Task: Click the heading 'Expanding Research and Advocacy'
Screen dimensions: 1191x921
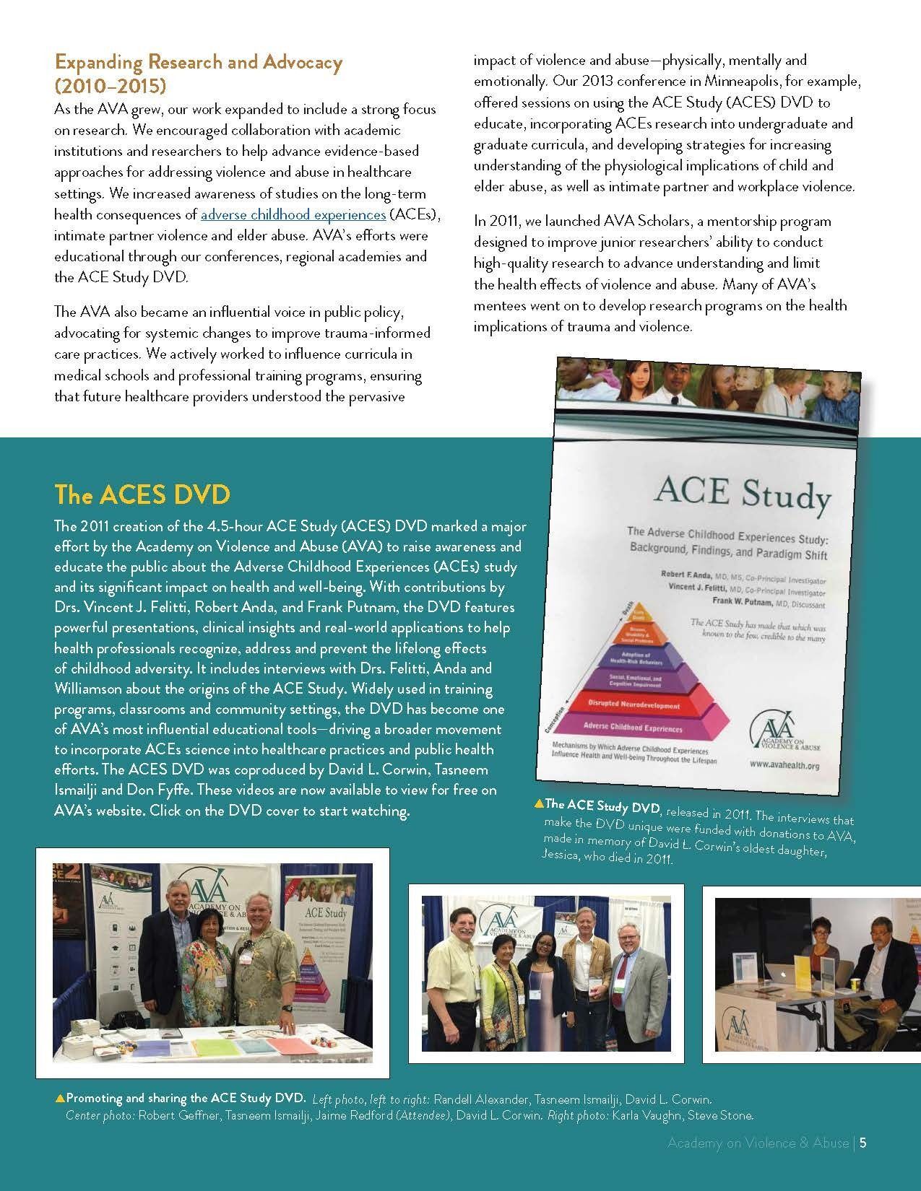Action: pyautogui.click(x=199, y=62)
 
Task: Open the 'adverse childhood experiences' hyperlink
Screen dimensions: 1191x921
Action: pyautogui.click(x=293, y=214)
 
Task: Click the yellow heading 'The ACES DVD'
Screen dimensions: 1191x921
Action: pyautogui.click(x=142, y=494)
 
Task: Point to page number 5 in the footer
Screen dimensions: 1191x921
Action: pyautogui.click(x=863, y=1163)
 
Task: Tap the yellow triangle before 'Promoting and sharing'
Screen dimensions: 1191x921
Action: pyautogui.click(x=59, y=1098)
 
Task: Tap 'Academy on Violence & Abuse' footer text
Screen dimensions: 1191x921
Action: pyautogui.click(x=758, y=1163)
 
